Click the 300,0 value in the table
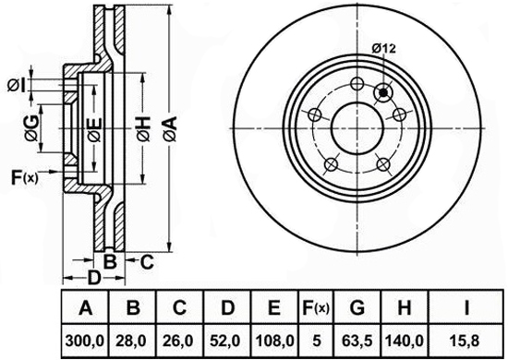pos(85,341)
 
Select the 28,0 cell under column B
pos(133,341)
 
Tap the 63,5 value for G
pos(357,341)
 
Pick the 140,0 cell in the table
pos(405,341)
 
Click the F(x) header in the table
pos(316,307)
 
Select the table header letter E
pos(274,307)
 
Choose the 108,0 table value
pos(274,341)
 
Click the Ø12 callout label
pos(384,49)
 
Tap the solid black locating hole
pos(383,93)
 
